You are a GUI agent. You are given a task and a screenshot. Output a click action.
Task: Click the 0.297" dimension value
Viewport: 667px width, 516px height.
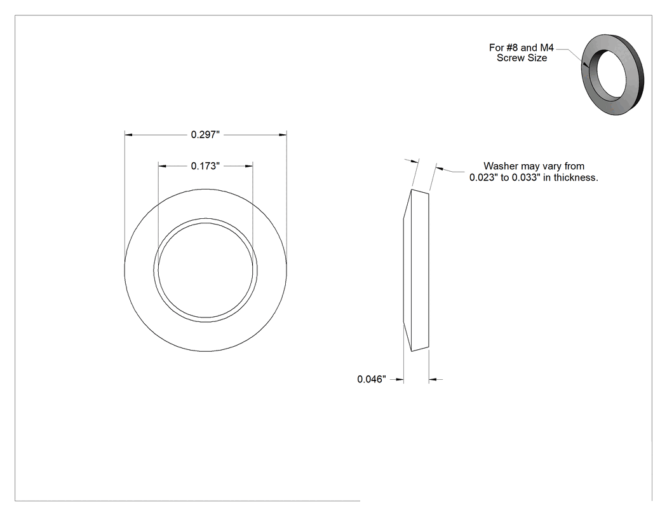(205, 135)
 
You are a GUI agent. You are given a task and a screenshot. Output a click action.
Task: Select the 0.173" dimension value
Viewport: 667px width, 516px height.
(205, 166)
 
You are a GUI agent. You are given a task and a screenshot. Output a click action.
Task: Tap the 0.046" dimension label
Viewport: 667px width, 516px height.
(372, 379)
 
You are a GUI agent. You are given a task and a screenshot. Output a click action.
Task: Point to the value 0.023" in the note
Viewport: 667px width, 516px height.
(483, 178)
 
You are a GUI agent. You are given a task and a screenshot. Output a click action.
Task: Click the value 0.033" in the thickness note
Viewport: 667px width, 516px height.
(526, 178)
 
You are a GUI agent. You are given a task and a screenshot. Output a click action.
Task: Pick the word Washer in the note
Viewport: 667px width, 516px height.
(501, 166)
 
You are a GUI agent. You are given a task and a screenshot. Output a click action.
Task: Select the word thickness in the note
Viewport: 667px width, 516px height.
(576, 178)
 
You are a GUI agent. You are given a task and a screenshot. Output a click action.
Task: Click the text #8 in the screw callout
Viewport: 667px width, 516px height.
(512, 48)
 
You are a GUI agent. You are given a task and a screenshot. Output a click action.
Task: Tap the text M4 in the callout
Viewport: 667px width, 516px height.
(547, 48)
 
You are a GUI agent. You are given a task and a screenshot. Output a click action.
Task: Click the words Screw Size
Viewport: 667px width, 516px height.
(522, 58)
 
